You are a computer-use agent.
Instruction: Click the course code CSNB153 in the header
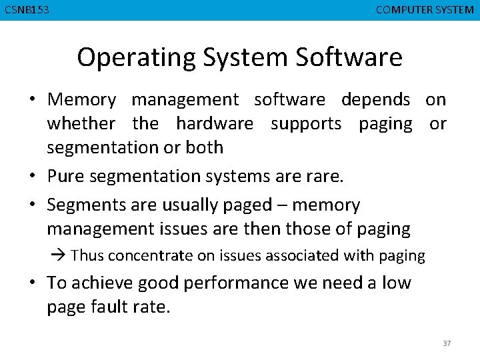(27, 10)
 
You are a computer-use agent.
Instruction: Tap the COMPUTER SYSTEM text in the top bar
(425, 10)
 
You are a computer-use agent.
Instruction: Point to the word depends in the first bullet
(375, 100)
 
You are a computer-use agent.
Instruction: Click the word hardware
(214, 124)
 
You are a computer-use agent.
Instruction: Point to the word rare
(327, 177)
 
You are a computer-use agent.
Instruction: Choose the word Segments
(85, 205)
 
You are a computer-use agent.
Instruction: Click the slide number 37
(447, 343)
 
